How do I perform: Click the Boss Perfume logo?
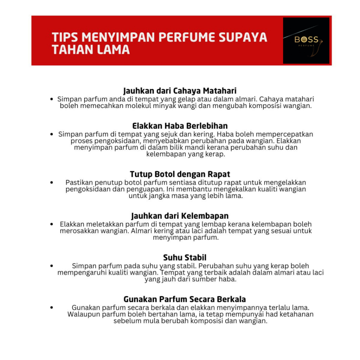tap(306, 40)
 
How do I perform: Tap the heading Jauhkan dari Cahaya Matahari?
tap(180, 91)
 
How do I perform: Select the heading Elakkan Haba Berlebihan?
tap(180, 126)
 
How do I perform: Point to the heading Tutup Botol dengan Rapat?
tap(180, 174)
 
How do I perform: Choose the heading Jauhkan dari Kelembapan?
tap(180, 216)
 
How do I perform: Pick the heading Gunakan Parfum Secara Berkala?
tap(184, 300)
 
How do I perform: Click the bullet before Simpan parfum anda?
tap(52, 99)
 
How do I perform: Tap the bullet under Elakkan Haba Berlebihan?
tap(52, 134)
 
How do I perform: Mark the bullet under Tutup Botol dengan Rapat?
tap(52, 183)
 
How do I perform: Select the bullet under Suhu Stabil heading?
tap(52, 266)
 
